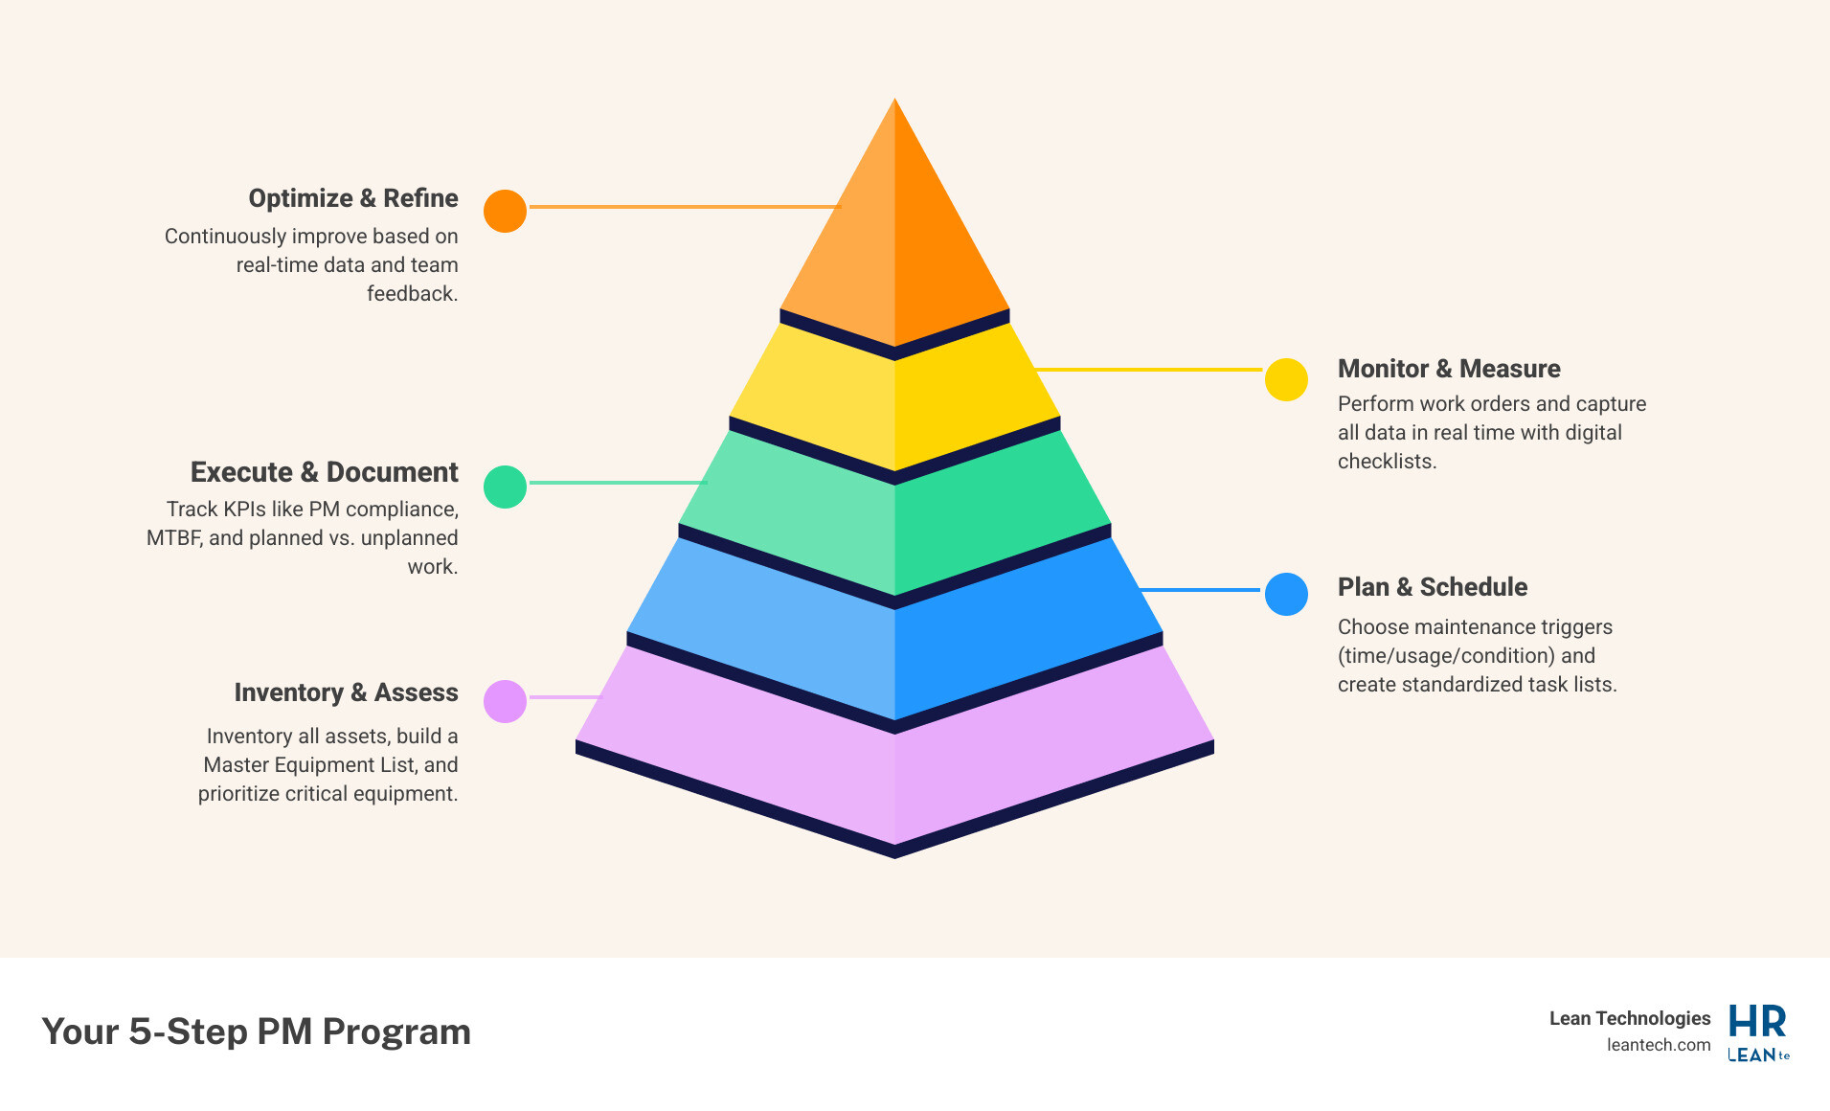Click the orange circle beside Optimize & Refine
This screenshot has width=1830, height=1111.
click(505, 211)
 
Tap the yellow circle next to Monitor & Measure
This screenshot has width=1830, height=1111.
click(1286, 379)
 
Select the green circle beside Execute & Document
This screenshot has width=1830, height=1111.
click(505, 487)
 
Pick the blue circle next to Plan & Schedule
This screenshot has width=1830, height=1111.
click(1286, 594)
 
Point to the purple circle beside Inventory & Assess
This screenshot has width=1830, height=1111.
click(505, 701)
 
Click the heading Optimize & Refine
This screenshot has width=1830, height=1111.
click(353, 198)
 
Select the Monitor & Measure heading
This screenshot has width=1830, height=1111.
click(1449, 369)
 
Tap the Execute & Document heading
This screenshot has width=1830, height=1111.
click(324, 472)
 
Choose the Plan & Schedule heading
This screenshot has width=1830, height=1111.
click(1433, 587)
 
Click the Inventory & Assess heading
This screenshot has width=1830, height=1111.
click(346, 692)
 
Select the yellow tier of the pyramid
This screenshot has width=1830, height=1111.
click(894, 402)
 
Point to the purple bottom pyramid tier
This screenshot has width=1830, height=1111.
click(894, 776)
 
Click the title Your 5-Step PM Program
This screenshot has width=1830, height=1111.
click(257, 1032)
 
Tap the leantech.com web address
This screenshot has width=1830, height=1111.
click(1659, 1045)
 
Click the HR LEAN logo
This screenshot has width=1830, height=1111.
click(1758, 1033)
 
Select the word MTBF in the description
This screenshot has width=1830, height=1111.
click(173, 538)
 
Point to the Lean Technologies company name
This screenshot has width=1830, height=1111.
click(1630, 1018)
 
